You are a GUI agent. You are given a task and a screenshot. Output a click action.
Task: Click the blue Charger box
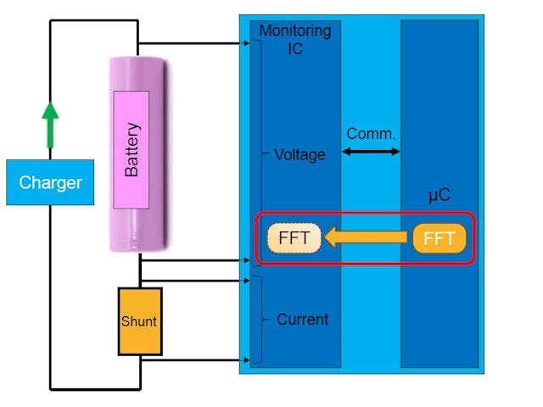coord(49,182)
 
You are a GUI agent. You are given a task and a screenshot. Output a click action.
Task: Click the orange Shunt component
coord(139,321)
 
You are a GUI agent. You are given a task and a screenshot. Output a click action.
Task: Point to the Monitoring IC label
coord(294,40)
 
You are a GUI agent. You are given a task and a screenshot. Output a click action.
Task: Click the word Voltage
coord(299,155)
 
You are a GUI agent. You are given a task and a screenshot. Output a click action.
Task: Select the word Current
coord(302,320)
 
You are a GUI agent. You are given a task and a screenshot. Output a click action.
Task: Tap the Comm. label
coord(371,134)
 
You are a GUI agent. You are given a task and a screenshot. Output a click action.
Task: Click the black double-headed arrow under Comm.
coord(371,152)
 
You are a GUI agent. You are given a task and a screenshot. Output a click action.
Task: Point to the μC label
coord(439,196)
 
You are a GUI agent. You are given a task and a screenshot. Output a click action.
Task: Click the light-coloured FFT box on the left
coord(294,238)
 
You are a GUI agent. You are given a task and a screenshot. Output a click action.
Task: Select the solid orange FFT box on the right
coord(439,238)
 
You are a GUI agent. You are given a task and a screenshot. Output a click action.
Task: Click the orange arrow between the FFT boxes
coord(367,238)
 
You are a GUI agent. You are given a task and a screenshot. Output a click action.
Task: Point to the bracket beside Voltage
coord(262,153)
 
